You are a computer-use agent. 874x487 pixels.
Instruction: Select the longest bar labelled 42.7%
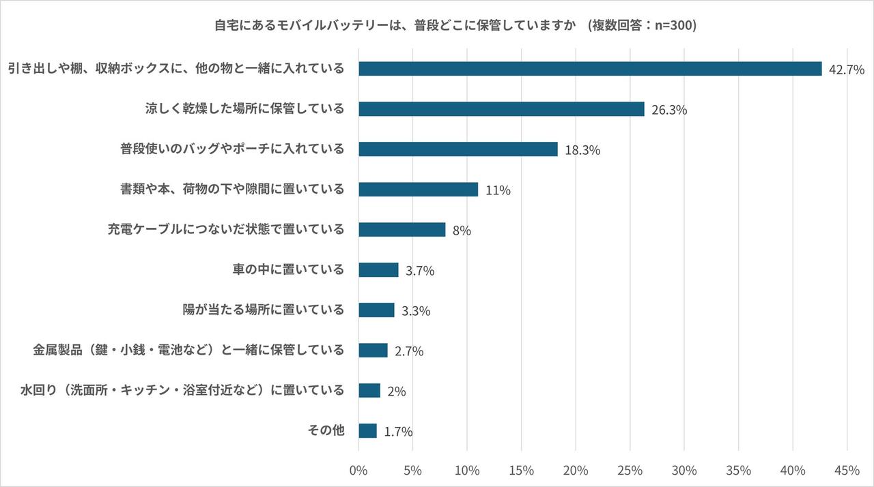click(x=590, y=69)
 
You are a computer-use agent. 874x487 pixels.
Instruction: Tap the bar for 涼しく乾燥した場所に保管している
click(x=501, y=109)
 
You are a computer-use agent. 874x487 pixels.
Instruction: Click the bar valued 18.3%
click(x=457, y=149)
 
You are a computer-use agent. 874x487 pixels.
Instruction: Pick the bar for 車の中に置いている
click(x=378, y=270)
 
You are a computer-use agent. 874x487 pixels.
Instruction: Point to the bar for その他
click(x=367, y=431)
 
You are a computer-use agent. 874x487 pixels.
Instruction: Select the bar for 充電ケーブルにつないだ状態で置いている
click(x=401, y=230)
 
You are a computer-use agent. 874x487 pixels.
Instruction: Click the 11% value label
click(x=498, y=190)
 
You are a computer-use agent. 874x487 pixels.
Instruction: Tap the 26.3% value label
click(x=669, y=110)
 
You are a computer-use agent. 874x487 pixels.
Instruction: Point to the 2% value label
click(x=397, y=392)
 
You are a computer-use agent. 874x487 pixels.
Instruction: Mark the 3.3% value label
click(x=416, y=311)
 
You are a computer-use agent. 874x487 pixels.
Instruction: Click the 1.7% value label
click(x=398, y=432)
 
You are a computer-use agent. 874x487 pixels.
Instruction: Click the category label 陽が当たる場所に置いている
click(x=259, y=310)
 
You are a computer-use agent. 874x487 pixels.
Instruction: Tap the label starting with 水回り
click(x=182, y=390)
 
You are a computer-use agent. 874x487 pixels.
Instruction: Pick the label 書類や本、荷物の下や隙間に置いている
click(x=232, y=189)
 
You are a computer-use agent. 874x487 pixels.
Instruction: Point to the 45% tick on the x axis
click(x=847, y=471)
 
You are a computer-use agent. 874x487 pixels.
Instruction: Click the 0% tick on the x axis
click(x=358, y=471)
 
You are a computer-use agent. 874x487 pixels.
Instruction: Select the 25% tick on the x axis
click(x=630, y=471)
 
